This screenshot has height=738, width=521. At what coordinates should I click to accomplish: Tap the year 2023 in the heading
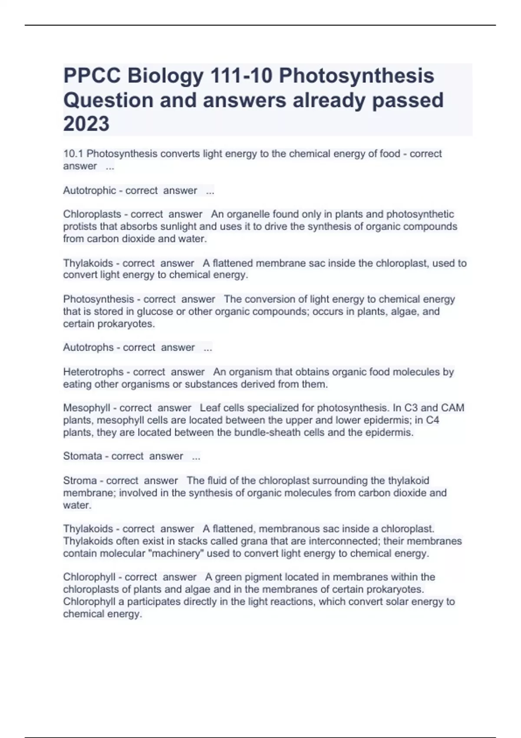tap(86, 124)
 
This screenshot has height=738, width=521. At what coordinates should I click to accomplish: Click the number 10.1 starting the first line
tap(73, 154)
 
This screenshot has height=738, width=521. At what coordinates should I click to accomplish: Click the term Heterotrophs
tap(93, 372)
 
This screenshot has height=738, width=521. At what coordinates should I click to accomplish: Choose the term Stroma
tap(80, 481)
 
